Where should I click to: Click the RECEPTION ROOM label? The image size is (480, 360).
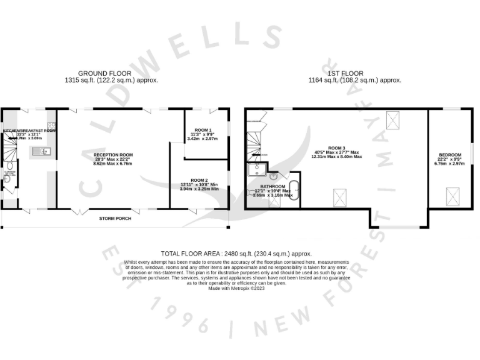pos(113,154)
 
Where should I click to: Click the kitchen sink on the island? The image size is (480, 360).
pos(44,151)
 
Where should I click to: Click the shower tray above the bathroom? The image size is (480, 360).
pos(257,171)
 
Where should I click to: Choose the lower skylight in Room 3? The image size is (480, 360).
pos(341,197)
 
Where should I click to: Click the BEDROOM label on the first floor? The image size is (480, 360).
pos(450,155)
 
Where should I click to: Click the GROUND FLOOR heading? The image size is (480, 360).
pos(104,74)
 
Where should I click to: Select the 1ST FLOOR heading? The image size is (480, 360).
pos(344,74)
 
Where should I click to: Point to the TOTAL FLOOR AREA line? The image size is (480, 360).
pos(236,253)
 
